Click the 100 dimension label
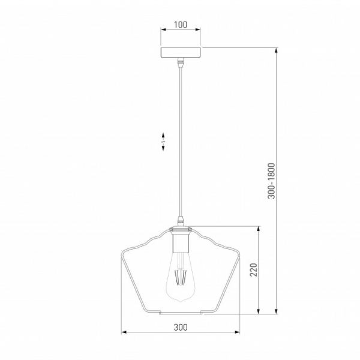pos(181,25)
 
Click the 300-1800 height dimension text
pos(271,181)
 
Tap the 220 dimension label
pos(254,270)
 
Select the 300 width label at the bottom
pos(181,327)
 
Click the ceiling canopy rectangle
pos(181,53)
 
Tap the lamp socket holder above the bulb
pos(181,241)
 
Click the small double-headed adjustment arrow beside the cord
pos(163,142)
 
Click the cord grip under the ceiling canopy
pos(181,62)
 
